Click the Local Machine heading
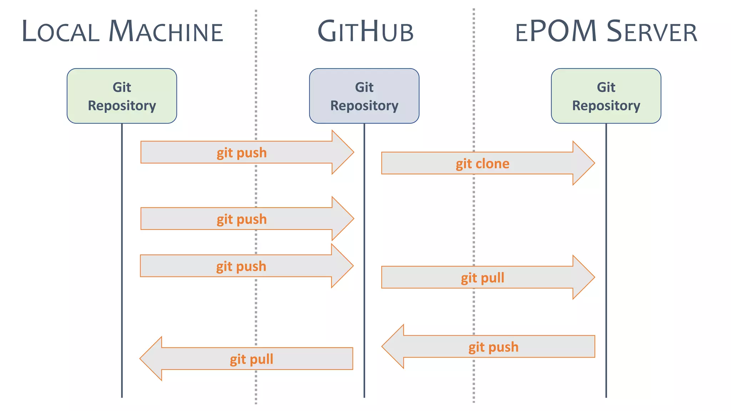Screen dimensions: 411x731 (122, 32)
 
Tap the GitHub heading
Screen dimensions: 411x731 (365, 32)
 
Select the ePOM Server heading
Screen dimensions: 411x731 (606, 32)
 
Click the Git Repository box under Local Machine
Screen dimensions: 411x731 (122, 96)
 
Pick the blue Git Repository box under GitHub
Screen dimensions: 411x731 (364, 96)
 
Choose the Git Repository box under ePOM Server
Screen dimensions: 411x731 (606, 96)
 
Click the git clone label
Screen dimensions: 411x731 (482, 164)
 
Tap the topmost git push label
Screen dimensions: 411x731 (242, 153)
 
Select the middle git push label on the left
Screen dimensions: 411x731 (242, 219)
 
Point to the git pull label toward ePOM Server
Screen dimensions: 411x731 (482, 278)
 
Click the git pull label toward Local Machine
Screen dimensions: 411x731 (251, 359)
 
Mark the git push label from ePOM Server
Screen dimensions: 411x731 (493, 347)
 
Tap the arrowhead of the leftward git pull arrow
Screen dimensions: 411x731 (151, 359)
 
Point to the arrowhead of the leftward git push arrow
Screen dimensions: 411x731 (393, 346)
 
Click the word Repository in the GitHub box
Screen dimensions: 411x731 (364, 106)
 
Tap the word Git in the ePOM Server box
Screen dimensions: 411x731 (606, 87)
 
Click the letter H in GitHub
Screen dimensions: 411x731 (369, 32)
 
